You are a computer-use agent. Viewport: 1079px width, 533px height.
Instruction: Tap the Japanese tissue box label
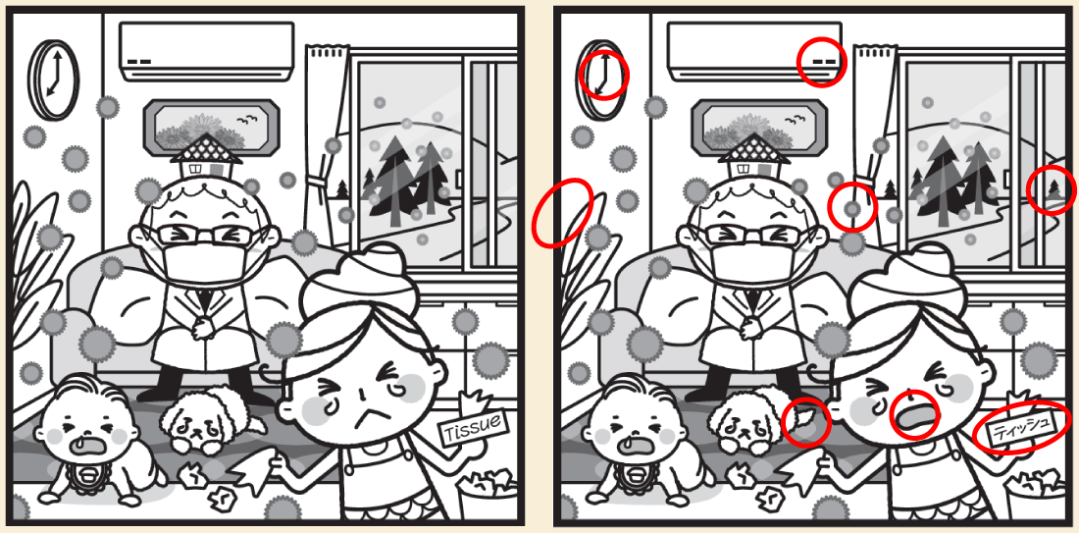(x=1019, y=429)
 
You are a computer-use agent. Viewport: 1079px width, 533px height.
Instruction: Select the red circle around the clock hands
(x=603, y=74)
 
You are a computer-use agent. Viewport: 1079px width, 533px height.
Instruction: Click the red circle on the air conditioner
(x=822, y=62)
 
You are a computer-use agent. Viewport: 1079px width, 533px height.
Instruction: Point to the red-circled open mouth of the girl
(x=914, y=416)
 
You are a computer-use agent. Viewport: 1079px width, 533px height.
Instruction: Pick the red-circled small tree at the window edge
(x=1052, y=189)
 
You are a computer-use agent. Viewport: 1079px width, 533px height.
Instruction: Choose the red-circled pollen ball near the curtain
(x=851, y=206)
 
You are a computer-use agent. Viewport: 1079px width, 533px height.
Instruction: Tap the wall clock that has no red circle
(x=53, y=80)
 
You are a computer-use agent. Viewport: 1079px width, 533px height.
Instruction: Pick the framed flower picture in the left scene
(x=211, y=128)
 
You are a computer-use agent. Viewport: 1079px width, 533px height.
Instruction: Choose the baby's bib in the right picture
(x=635, y=479)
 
